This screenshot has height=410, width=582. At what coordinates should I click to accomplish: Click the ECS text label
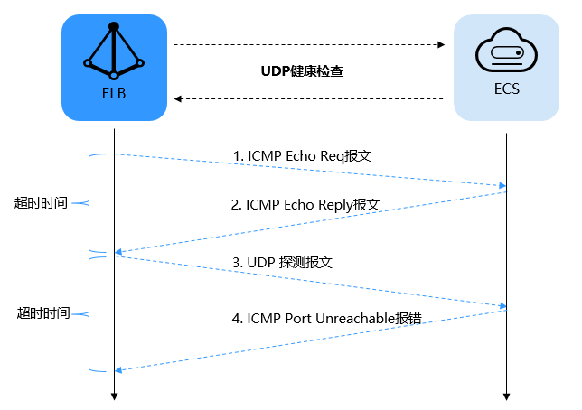(506, 91)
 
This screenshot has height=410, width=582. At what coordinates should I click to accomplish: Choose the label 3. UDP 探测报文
(283, 262)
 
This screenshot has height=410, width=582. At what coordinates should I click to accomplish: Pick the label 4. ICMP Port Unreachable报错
(327, 318)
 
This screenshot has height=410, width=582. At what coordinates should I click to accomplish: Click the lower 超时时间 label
(42, 313)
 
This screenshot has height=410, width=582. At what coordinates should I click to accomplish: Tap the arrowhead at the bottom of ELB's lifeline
(114, 395)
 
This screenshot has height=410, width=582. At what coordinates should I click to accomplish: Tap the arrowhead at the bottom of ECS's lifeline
(507, 395)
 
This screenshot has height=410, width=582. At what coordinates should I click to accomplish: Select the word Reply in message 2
(333, 205)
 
